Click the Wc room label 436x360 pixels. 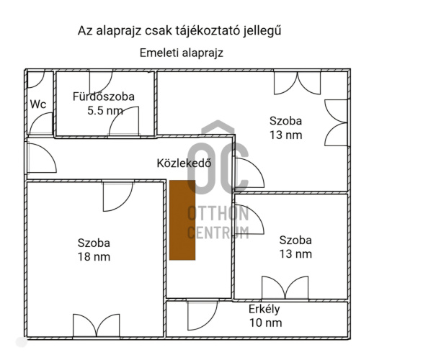click(38, 104)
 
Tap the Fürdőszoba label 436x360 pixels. click(104, 96)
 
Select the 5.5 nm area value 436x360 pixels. click(105, 111)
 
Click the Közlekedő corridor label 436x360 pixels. click(184, 163)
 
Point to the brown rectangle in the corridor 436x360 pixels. click(182, 220)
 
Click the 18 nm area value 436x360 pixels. click(94, 256)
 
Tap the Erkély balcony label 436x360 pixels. click(264, 310)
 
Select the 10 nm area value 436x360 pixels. click(265, 323)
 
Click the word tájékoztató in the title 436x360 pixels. click(208, 31)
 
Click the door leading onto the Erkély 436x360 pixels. click(203, 315)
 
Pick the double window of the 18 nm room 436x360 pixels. click(97, 326)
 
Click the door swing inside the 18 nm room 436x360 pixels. click(118, 197)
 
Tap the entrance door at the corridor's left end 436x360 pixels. click(42, 158)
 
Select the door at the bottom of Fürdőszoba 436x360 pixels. click(124, 122)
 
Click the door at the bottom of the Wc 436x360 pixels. click(41, 124)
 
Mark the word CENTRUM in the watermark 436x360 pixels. click(218, 233)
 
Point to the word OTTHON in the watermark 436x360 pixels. click(218, 214)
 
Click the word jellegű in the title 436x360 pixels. click(262, 31)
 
